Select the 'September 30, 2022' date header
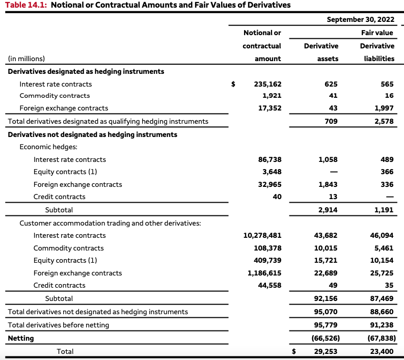[x=360, y=19]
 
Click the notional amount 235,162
[x=267, y=84]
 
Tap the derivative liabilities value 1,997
[x=384, y=108]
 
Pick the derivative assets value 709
[x=331, y=121]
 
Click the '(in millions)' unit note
[x=26, y=59]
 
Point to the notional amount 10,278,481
[x=262, y=235]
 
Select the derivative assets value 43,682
[x=327, y=235]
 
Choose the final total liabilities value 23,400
[x=383, y=351]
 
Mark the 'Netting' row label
[x=20, y=338]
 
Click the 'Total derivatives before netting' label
[x=58, y=325]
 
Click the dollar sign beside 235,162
[x=233, y=84]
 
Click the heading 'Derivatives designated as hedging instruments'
[x=86, y=71]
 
